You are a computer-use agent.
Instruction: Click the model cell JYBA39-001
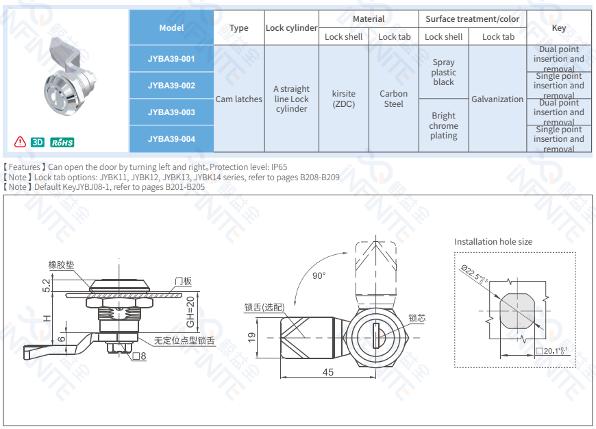(171, 59)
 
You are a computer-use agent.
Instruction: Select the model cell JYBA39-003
(171, 112)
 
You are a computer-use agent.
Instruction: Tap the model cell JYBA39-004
(171, 139)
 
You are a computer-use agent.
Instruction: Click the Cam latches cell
(239, 99)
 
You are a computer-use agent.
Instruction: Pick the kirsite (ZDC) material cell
(344, 99)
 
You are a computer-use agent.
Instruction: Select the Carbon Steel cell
(394, 99)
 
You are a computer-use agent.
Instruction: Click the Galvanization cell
(497, 99)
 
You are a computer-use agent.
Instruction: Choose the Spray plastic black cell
(443, 72)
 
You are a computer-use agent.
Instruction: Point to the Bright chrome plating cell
(443, 125)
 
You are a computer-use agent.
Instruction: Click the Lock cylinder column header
(291, 28)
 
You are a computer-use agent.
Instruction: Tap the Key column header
(559, 28)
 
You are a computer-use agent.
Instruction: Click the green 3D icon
(38, 142)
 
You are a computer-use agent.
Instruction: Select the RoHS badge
(62, 142)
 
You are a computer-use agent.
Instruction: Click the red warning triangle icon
(21, 142)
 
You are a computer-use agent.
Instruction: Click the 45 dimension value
(327, 371)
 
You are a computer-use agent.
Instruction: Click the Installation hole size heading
(493, 242)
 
